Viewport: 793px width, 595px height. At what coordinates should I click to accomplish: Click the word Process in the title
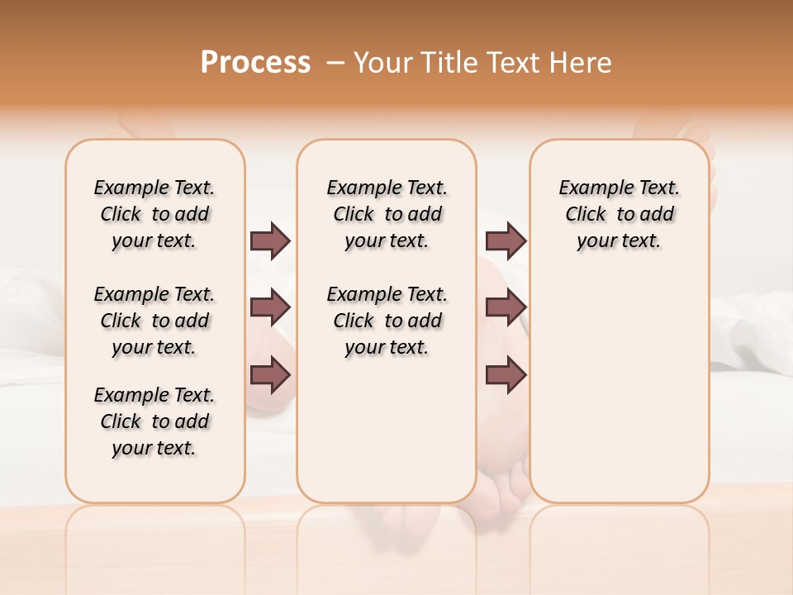pyautogui.click(x=255, y=63)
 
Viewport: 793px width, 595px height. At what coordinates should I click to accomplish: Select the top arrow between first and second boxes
pyautogui.click(x=270, y=240)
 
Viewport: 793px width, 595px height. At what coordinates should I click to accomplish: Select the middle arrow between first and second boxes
pyautogui.click(x=270, y=308)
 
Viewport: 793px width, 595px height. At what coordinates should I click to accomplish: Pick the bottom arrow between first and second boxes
pyautogui.click(x=270, y=374)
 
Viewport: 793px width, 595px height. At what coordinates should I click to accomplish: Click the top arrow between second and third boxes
pyautogui.click(x=506, y=240)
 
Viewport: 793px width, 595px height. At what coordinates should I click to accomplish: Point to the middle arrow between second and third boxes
pyautogui.click(x=506, y=308)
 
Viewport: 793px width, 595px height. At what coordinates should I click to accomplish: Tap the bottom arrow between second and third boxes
pyautogui.click(x=506, y=374)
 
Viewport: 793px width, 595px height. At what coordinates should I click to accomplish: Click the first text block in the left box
pyautogui.click(x=154, y=214)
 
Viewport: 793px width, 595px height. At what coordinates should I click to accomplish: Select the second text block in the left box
pyautogui.click(x=154, y=321)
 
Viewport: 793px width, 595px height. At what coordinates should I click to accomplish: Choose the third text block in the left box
pyautogui.click(x=154, y=421)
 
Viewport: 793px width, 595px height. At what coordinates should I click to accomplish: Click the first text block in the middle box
pyautogui.click(x=387, y=214)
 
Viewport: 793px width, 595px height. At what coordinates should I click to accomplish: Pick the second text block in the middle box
pyautogui.click(x=387, y=321)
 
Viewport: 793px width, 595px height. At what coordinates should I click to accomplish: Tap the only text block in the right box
pyautogui.click(x=620, y=214)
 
